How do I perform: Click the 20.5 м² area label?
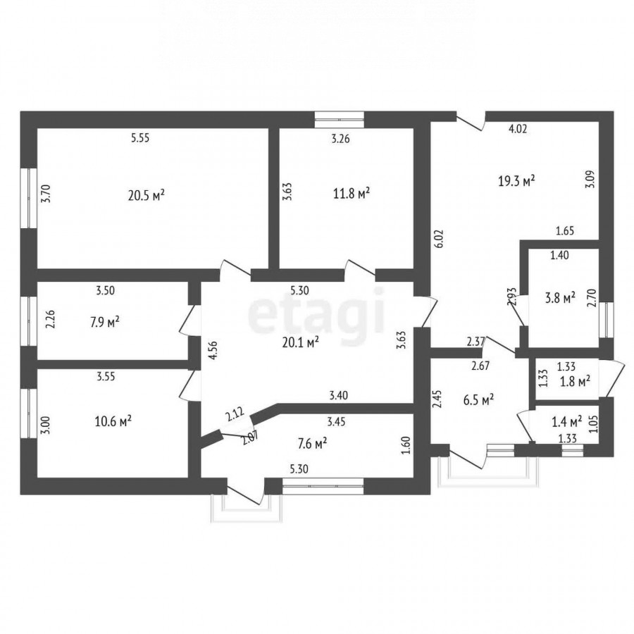point(147,195)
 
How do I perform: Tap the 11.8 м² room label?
point(352,193)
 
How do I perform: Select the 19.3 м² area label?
point(517,181)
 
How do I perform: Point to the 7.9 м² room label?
point(105,323)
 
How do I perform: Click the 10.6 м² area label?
point(113,421)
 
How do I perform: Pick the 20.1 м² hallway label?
point(301,343)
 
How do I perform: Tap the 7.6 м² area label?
point(312,444)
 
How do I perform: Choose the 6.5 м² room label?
point(479,400)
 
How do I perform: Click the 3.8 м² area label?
point(561,299)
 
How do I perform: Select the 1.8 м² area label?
point(576,380)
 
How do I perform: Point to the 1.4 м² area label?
point(567,422)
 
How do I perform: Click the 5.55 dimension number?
point(140,138)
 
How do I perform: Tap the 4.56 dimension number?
point(214,350)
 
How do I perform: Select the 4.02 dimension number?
point(518,129)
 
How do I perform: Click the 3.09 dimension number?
point(590,180)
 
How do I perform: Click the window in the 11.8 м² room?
point(340,120)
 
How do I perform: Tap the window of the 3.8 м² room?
point(606,320)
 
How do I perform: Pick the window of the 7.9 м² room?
point(29,321)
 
